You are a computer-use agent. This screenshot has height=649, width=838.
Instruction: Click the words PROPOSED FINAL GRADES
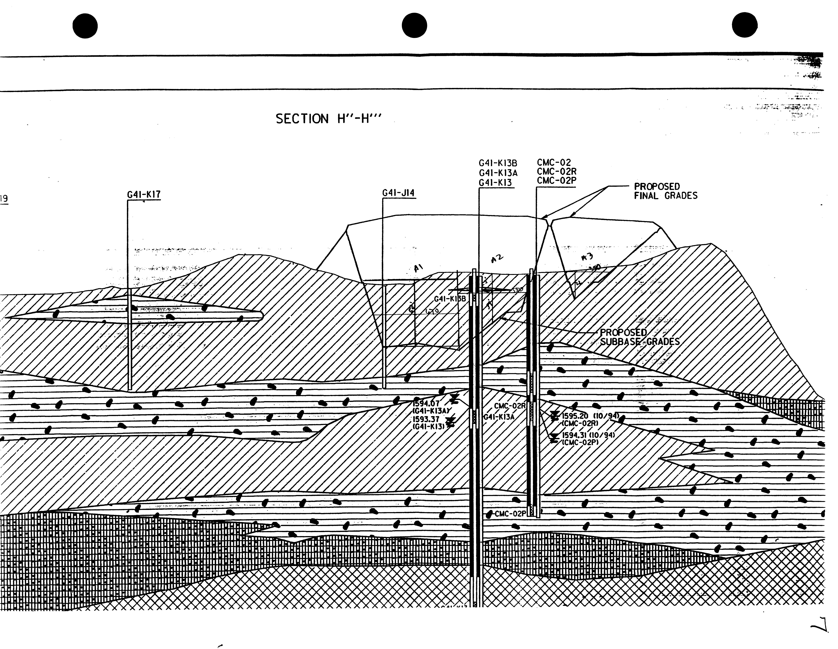coord(665,191)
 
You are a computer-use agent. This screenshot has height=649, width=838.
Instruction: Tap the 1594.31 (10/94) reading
coord(588,435)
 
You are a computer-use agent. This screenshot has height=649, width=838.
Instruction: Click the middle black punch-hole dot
coord(414,26)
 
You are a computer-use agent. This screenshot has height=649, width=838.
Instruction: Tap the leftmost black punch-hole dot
coord(85,26)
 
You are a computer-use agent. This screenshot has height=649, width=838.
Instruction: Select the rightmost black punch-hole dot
coord(745,25)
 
